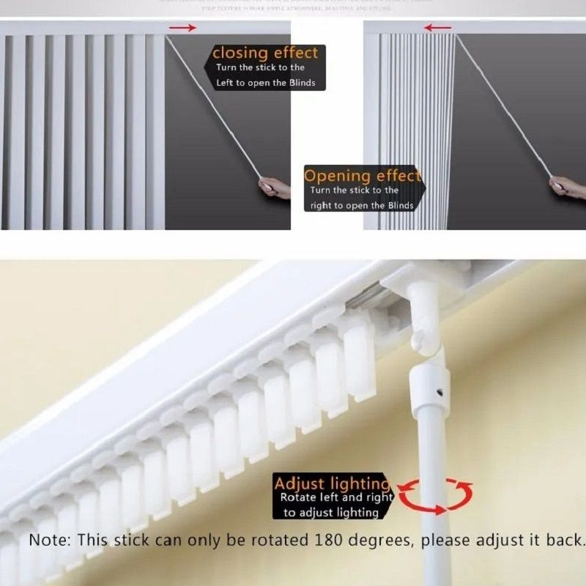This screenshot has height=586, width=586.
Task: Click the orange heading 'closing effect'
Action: click(x=265, y=53)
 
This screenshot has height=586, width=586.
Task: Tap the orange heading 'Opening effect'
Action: click(x=363, y=176)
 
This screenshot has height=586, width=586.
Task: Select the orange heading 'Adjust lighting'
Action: click(x=332, y=483)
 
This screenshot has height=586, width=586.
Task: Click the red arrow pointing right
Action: click(x=183, y=28)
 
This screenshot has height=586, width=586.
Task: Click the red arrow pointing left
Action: click(x=437, y=28)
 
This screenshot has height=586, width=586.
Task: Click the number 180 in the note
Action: click(x=333, y=541)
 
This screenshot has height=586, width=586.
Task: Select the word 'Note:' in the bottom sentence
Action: click(x=50, y=541)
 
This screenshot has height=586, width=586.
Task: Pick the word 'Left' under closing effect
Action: click(x=224, y=83)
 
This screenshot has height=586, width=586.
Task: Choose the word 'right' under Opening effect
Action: click(x=321, y=206)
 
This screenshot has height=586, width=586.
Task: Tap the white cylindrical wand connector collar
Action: click(x=429, y=388)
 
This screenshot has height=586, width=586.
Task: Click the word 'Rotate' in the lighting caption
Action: click(x=299, y=497)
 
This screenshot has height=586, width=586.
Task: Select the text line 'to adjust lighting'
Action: click(x=331, y=513)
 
